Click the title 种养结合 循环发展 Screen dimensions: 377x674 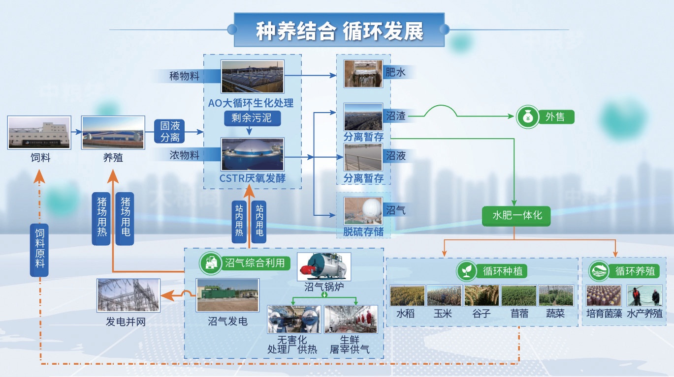click(339, 30)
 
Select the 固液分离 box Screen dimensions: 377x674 click(170, 131)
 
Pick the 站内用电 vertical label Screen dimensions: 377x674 click(259, 221)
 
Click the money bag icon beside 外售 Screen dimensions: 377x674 click(527, 117)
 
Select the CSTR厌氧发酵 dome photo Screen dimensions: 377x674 click(253, 154)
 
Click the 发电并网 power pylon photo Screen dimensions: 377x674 click(128, 295)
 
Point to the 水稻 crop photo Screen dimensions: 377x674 click(407, 296)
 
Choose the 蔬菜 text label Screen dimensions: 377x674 click(555, 314)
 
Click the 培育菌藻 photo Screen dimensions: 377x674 click(604, 296)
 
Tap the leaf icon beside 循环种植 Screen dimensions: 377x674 click(466, 271)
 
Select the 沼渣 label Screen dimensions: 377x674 click(396, 116)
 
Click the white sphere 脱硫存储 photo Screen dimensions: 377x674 click(363, 211)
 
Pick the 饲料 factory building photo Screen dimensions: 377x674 click(39, 132)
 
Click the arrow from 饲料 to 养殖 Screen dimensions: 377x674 click(76, 132)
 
